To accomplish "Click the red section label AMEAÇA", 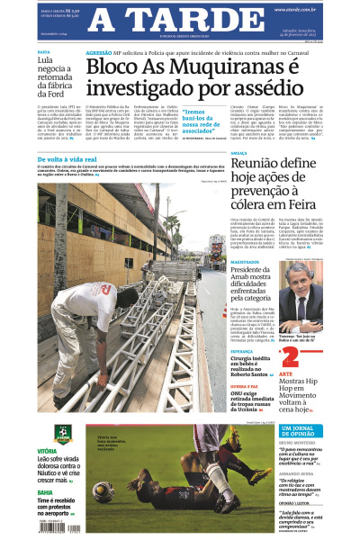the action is [x=241, y=154].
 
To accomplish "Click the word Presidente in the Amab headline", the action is [x=256, y=271].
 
